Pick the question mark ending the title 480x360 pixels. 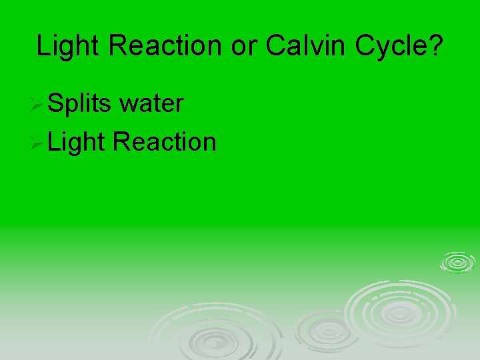[434, 46]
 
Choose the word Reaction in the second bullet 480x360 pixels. [165, 141]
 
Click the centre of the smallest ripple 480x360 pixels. [457, 262]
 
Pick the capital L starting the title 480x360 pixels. [42, 46]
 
